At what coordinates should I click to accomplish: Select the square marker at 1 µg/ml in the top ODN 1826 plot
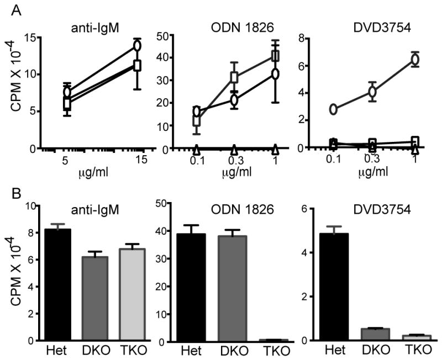click(x=275, y=56)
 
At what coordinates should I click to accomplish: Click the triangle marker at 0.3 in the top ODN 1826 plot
click(x=234, y=149)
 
